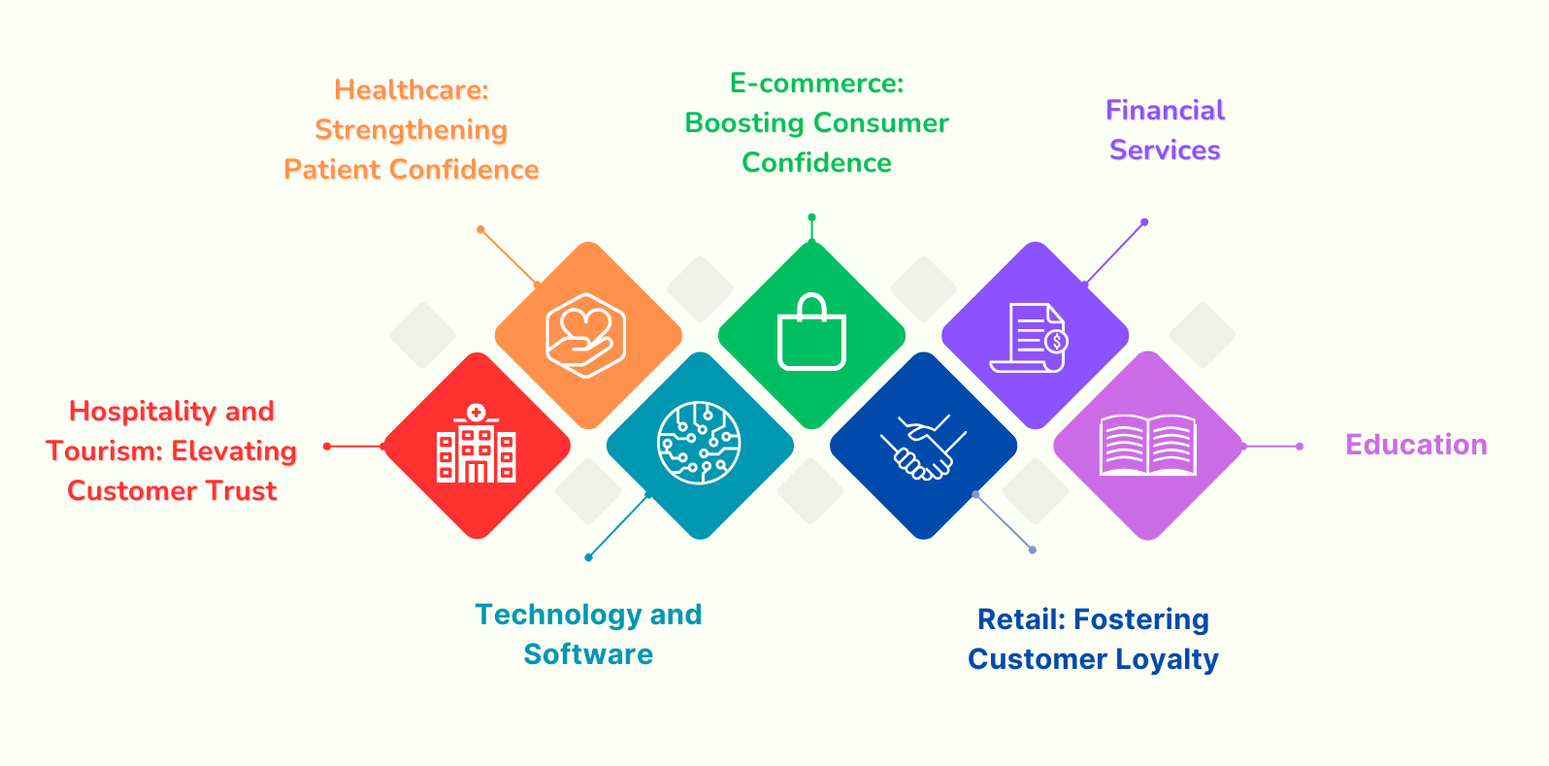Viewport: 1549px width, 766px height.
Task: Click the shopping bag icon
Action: click(x=811, y=333)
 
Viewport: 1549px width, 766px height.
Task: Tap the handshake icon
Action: click(x=923, y=447)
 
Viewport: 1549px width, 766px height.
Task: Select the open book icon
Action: click(x=1147, y=446)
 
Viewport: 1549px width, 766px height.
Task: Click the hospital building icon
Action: click(x=476, y=445)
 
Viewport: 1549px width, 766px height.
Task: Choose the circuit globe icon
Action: click(x=699, y=443)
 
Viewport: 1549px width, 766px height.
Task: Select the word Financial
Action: click(x=1165, y=111)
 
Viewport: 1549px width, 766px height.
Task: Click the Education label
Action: click(x=1416, y=445)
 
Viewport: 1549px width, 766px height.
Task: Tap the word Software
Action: click(x=588, y=654)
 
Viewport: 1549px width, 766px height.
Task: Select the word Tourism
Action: click(x=103, y=451)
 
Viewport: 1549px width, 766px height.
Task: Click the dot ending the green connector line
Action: click(x=811, y=217)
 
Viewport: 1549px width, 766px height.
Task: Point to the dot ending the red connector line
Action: click(x=327, y=447)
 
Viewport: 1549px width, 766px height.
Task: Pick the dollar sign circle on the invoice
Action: click(x=1056, y=342)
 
